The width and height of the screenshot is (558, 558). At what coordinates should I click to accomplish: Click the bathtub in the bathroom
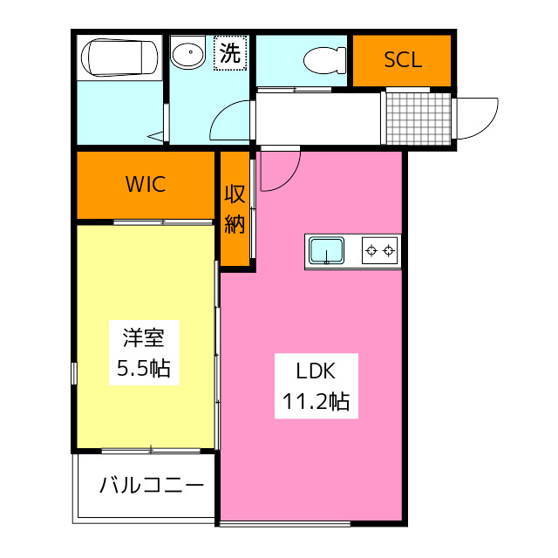tap(119, 58)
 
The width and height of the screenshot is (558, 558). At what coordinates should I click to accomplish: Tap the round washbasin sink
tap(187, 56)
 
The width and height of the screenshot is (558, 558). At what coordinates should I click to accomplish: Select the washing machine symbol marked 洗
tap(230, 53)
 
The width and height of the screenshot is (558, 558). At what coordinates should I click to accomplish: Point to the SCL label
tap(403, 60)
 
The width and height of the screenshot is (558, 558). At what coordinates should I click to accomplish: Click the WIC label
tap(145, 184)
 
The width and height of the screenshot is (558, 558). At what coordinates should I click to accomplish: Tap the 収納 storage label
tap(235, 209)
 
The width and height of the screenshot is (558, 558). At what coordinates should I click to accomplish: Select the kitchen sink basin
tap(326, 251)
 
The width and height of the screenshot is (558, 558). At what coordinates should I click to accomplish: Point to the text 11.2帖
tap(315, 401)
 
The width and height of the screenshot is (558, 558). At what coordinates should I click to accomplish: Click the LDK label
tap(315, 371)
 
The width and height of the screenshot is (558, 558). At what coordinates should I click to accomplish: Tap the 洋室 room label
tap(144, 336)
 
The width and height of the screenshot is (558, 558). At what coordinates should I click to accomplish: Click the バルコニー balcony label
tap(151, 485)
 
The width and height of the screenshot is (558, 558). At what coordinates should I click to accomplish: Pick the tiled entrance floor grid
tap(418, 118)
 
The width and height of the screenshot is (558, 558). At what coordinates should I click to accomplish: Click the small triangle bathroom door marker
tap(156, 135)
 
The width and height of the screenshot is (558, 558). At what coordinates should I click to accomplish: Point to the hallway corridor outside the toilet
tap(318, 118)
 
